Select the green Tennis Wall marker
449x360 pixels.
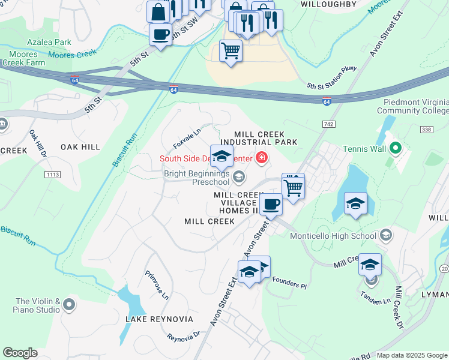coord(395,148)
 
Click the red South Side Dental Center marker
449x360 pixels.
coord(261,158)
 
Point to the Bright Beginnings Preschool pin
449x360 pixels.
coord(239,176)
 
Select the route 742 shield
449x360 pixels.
coord(327,123)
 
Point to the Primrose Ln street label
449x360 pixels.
coord(157,284)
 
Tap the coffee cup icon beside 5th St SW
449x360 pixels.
coord(160,34)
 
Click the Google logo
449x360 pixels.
coord(20,353)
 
